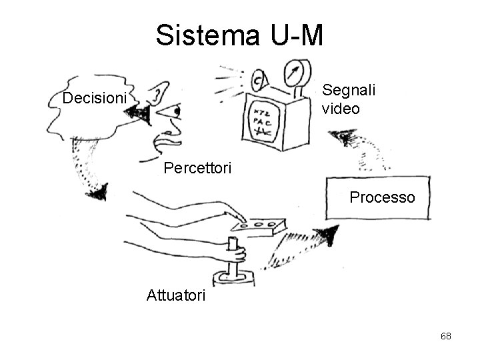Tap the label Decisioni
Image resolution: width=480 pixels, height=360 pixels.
[94, 99]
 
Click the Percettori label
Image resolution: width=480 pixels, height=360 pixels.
[198, 168]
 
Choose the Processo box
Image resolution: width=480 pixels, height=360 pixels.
[377, 198]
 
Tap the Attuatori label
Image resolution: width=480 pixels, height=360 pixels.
[177, 295]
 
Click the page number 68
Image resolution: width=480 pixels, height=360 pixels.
[446, 336]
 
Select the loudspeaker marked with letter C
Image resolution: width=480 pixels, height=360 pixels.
[258, 81]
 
